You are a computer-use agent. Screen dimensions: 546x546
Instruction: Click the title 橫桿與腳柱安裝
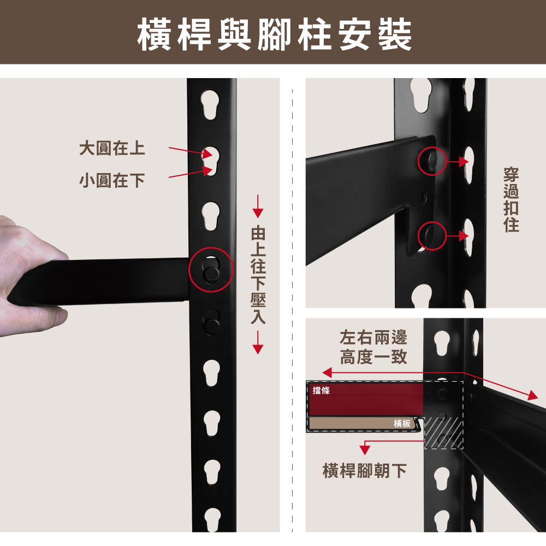coord(275,34)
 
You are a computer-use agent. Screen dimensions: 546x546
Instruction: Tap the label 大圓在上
coord(112,148)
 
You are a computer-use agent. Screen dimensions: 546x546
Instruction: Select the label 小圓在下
coord(112,180)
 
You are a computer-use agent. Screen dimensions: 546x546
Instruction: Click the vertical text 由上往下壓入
coord(258,275)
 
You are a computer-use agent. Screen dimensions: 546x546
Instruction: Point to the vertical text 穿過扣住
coord(511,199)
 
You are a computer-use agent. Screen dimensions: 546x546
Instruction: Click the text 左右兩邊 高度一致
coord(373,347)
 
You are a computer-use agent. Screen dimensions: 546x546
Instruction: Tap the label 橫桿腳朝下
coord(365,471)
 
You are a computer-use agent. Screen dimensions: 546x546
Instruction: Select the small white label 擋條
coord(321,390)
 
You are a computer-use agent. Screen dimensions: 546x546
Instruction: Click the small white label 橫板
coord(402,423)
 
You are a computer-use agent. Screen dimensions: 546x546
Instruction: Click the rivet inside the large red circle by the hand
coord(210,274)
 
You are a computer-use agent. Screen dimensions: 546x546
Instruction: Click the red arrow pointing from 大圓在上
coord(191,151)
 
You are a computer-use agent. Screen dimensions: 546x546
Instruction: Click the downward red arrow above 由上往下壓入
coord(258,206)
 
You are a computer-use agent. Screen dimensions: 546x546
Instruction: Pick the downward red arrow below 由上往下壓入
coord(258,342)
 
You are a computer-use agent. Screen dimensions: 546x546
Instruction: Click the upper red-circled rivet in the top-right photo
coord(432,161)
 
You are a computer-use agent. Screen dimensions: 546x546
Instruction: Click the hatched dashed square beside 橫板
coord(443,433)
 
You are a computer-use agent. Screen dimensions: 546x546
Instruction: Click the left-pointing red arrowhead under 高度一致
coord(327,372)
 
